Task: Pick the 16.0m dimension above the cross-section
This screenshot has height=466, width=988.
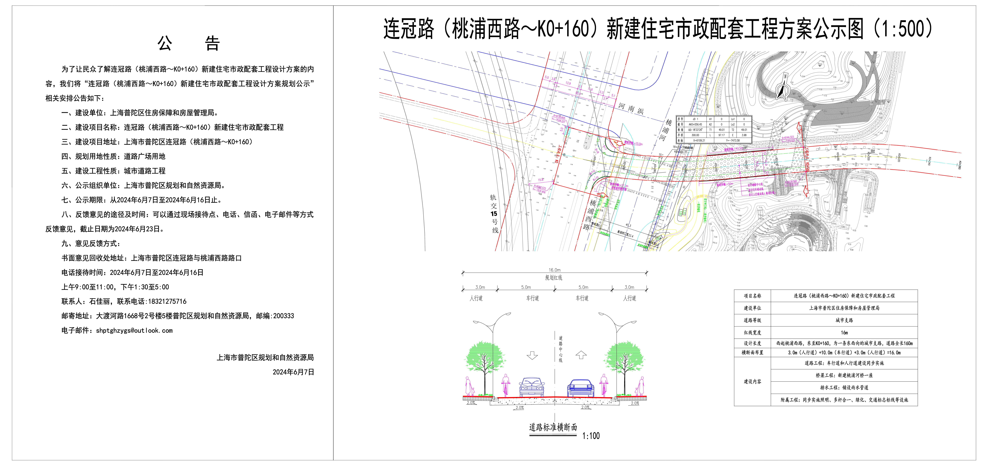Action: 554,270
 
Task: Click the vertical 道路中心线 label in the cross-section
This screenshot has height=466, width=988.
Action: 560,349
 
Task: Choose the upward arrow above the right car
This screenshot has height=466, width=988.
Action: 581,355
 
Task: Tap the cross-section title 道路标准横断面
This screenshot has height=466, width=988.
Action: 553,427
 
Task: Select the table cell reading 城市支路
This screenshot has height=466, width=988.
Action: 844,320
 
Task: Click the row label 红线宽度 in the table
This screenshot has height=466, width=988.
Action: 753,333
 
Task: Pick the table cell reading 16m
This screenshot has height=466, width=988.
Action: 844,333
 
